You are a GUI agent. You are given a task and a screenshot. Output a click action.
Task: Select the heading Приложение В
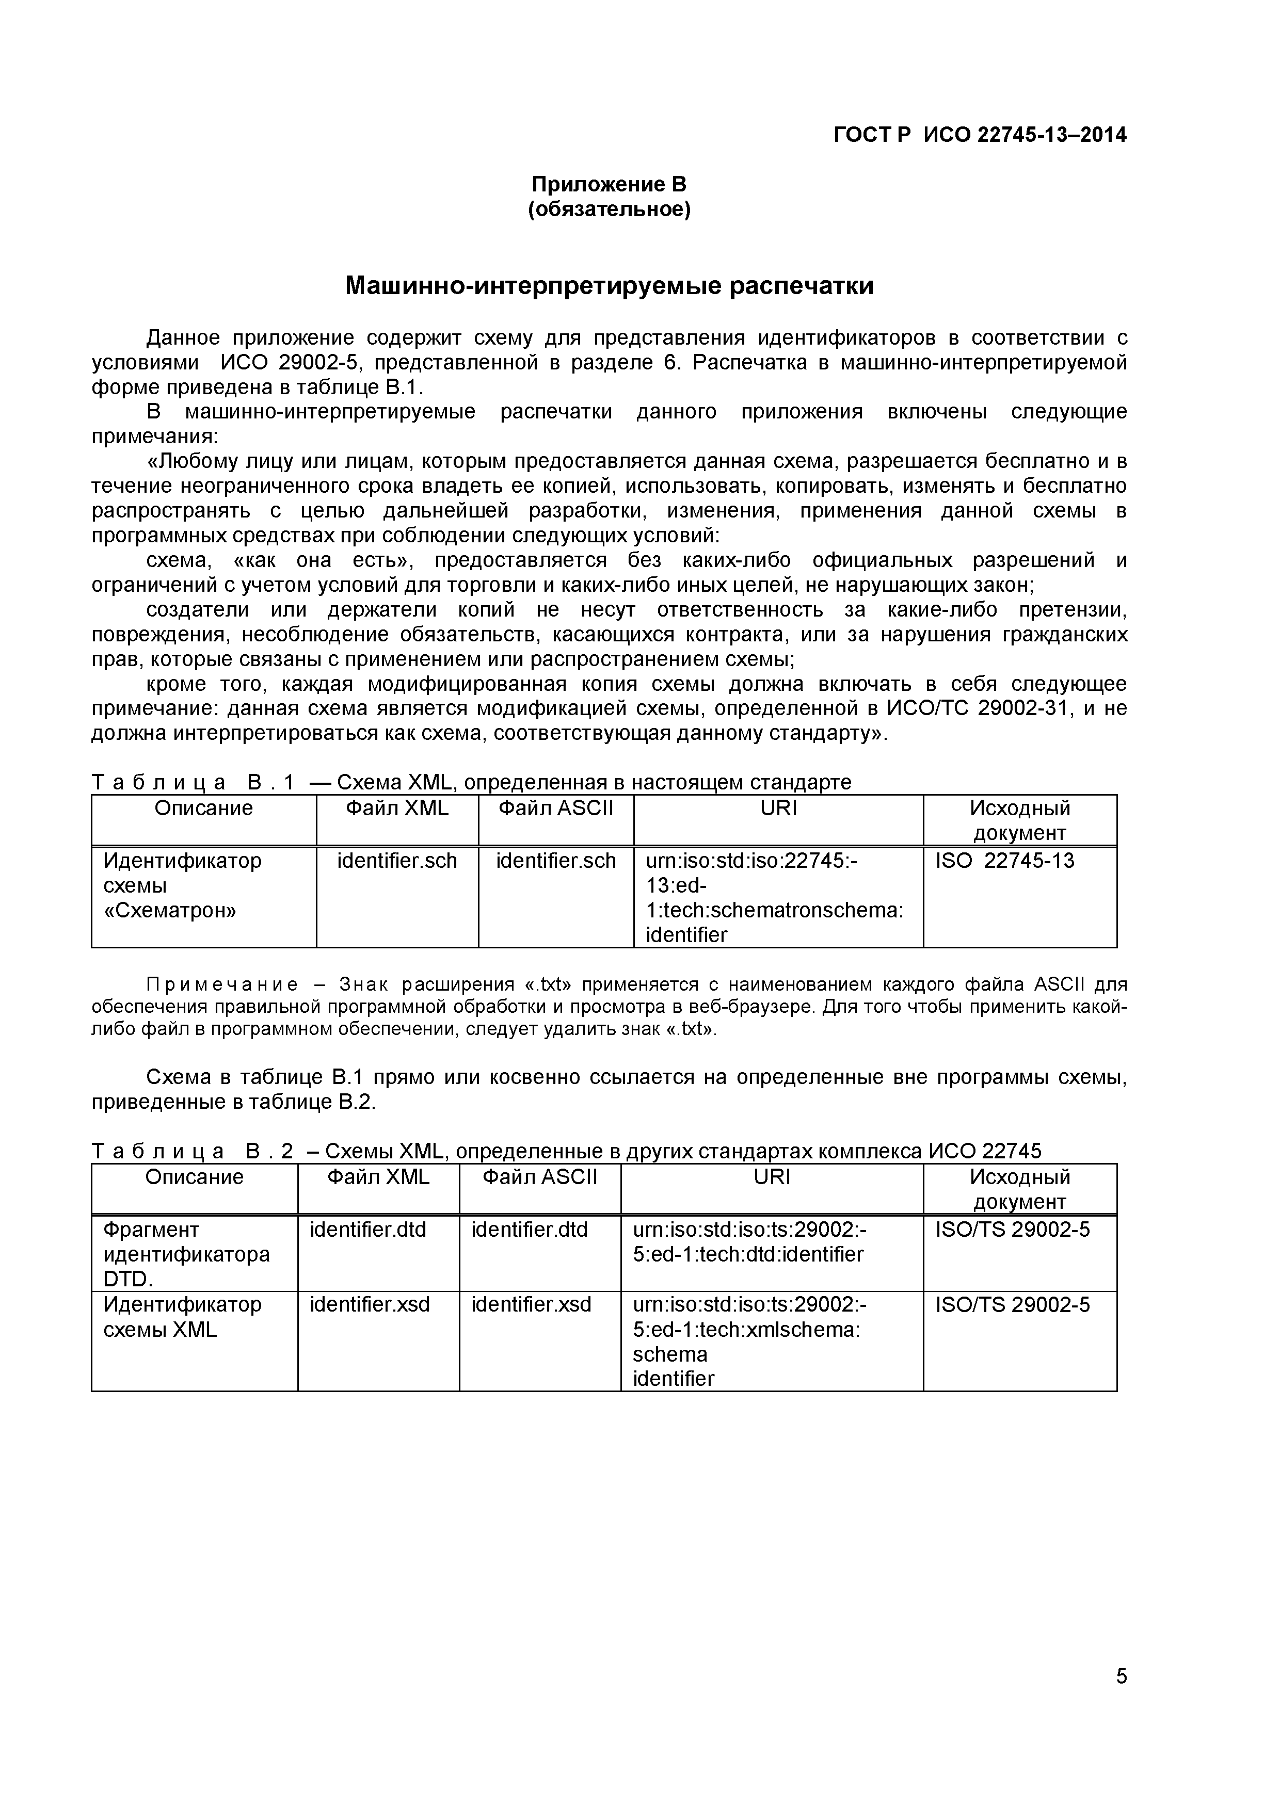point(609,185)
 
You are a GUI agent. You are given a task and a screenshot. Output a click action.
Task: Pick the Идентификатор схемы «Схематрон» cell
point(182,885)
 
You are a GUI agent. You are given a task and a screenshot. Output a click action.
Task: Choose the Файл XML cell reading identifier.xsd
point(370,1305)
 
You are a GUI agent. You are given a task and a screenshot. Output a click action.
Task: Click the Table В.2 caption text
point(566,1151)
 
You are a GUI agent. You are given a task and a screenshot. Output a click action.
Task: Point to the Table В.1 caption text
point(472,782)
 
